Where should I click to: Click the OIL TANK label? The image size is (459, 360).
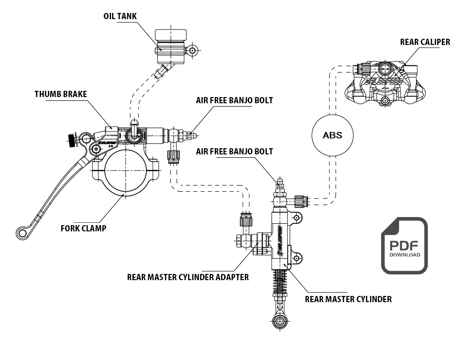[x=120, y=16]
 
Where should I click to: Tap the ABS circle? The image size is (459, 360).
[x=332, y=135]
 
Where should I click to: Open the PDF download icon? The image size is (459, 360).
[x=404, y=245]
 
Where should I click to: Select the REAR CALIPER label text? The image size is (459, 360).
[x=425, y=42]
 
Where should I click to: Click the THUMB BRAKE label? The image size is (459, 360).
[x=61, y=94]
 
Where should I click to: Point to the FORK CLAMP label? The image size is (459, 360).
[x=83, y=228]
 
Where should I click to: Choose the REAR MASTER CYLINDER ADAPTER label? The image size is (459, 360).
[x=188, y=277]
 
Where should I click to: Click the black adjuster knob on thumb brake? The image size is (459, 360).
[x=72, y=140]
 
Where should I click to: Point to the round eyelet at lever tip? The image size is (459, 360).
[x=22, y=232]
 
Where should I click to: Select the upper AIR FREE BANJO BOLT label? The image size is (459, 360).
[x=234, y=101]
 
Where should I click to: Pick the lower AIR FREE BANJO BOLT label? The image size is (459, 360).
[x=234, y=152]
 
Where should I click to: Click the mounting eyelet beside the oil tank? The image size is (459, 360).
[x=192, y=50]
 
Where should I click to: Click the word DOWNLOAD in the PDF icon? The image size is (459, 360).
[x=404, y=255]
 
